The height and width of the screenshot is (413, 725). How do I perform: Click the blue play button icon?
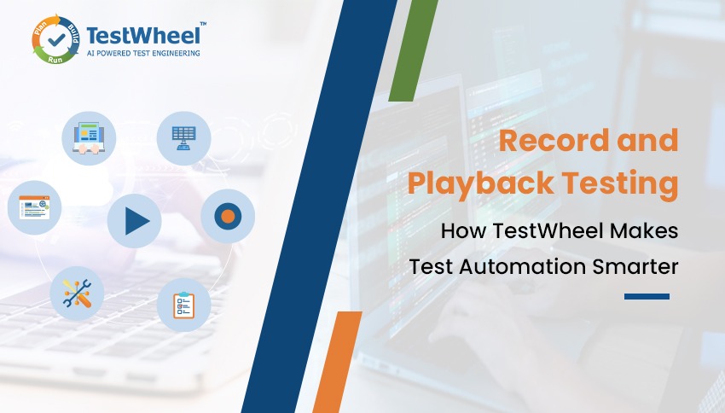tap(135, 222)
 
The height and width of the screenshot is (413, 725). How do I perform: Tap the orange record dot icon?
tap(227, 216)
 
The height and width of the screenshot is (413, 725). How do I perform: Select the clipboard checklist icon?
tap(183, 304)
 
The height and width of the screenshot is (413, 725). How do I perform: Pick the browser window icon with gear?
tap(34, 207)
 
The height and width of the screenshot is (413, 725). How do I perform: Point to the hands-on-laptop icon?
tap(88, 137)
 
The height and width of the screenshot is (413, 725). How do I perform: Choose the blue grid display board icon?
tap(183, 137)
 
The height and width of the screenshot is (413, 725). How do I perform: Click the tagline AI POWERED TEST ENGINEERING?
tap(143, 53)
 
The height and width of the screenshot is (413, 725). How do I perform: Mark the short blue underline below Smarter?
tap(646, 297)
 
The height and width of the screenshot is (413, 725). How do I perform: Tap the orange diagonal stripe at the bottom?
tap(337, 363)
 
